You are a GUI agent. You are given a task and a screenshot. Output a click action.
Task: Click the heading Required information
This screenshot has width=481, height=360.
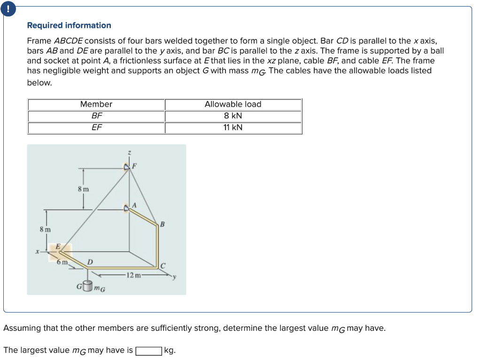69,25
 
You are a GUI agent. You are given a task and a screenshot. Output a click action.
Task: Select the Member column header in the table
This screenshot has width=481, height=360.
96,104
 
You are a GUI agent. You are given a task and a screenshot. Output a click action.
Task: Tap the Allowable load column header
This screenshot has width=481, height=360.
233,104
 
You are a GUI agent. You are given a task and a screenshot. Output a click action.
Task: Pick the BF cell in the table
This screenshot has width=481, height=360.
96,116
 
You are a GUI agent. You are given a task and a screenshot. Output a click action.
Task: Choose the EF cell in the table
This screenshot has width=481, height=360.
96,127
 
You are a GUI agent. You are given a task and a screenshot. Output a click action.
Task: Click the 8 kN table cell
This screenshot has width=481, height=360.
233,116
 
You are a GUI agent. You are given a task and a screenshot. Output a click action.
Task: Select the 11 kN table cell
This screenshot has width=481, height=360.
233,127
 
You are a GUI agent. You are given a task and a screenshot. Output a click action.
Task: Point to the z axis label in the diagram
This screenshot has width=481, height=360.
130,152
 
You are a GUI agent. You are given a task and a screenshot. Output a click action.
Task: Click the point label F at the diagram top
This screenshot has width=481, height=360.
134,165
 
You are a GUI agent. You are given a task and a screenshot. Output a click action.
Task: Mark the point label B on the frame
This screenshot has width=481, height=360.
163,224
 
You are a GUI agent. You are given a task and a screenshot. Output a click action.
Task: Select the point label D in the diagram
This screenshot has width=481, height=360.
90,261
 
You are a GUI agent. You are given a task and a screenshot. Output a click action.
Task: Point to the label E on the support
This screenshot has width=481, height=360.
58,246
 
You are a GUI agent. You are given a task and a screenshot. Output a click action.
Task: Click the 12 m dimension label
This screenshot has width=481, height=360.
132,275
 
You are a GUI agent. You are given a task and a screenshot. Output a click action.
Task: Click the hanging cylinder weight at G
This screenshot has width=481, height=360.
87,286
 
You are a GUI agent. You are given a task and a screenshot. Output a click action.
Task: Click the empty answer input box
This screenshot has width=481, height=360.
148,351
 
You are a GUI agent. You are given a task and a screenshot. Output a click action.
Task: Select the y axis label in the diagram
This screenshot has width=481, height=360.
173,277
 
